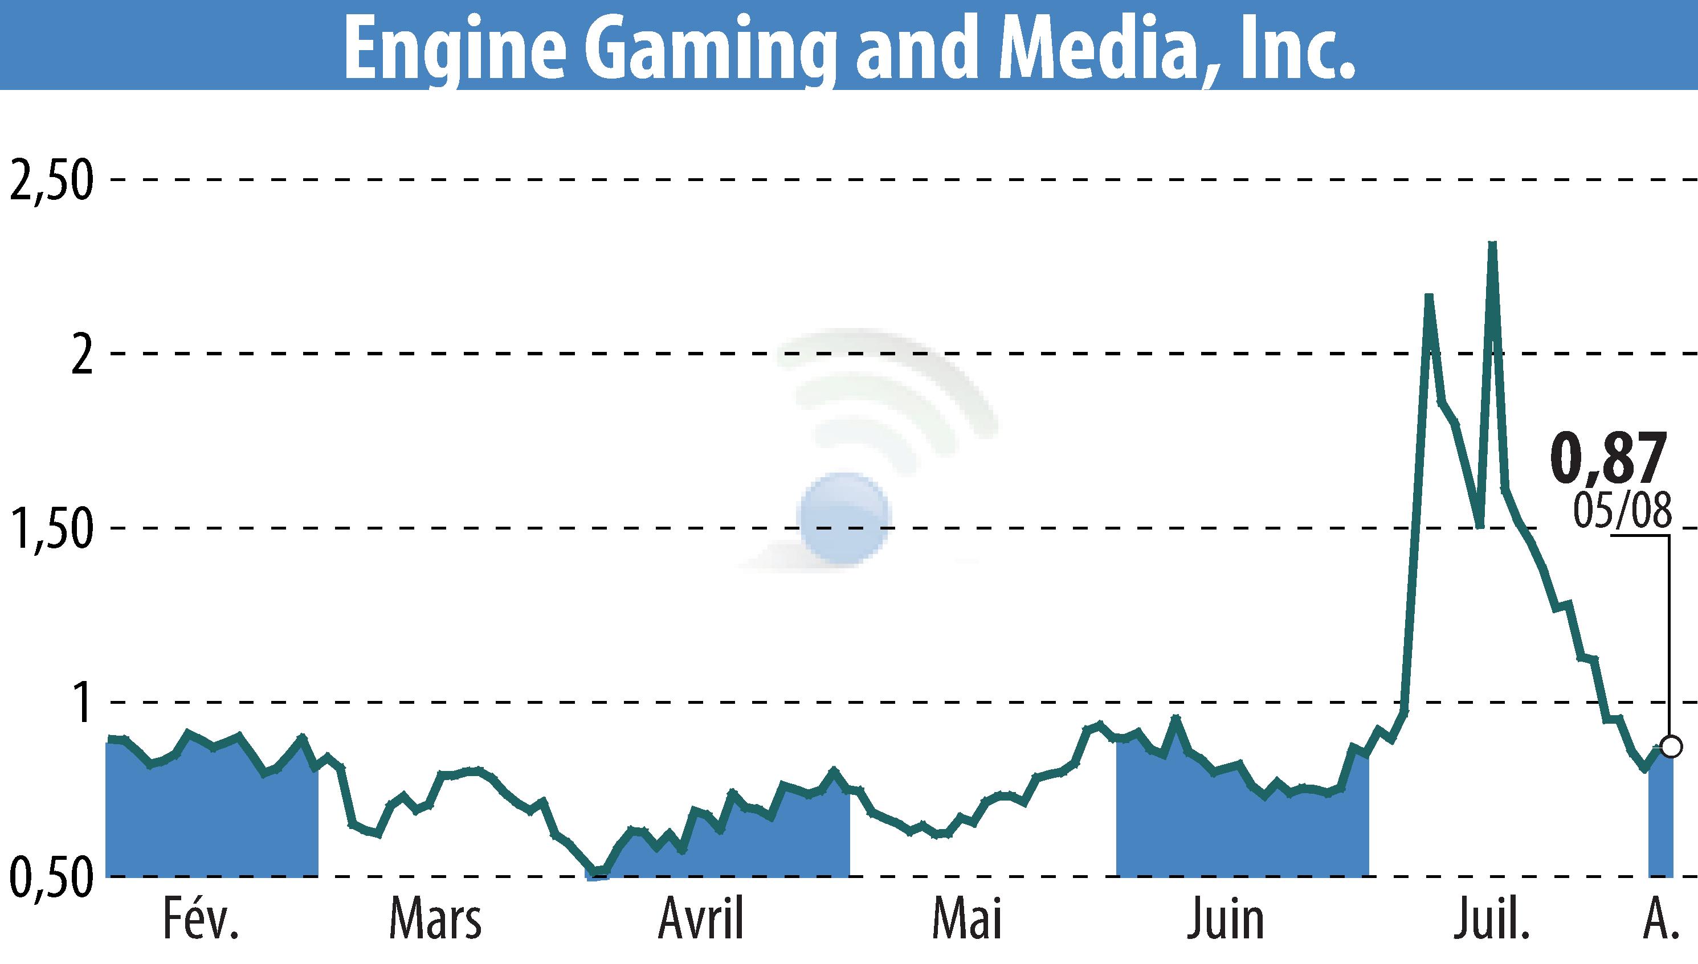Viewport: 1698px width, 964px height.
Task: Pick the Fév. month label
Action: click(200, 919)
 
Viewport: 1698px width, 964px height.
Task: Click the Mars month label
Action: click(435, 919)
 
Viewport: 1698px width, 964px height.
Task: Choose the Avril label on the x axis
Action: click(701, 919)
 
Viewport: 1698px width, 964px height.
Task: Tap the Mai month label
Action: click(966, 919)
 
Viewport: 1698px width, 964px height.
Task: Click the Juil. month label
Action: click(1491, 919)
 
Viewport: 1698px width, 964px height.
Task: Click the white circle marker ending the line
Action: click(1671, 746)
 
